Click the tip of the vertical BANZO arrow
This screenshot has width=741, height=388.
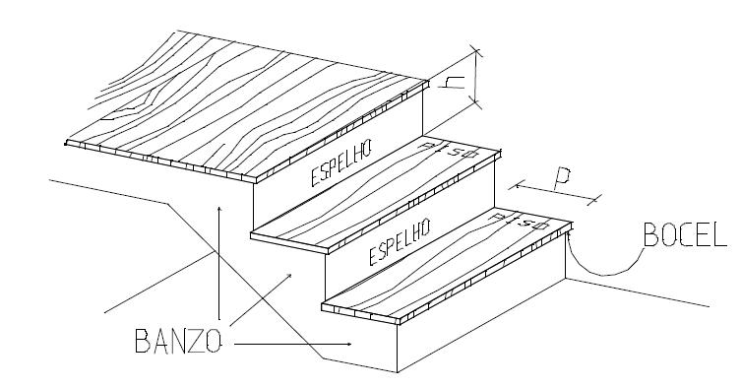click(219, 206)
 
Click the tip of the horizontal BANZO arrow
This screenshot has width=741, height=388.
click(352, 344)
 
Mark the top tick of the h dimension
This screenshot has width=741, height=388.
click(476, 49)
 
